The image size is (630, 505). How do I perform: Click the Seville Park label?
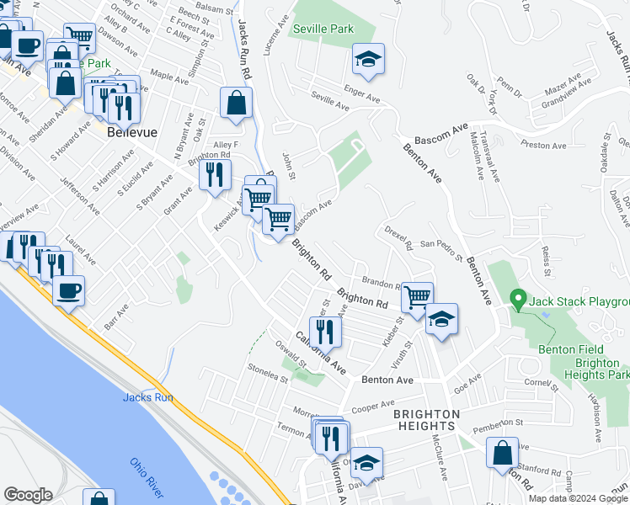coord(323,29)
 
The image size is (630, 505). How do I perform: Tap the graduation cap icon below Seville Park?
coord(368,60)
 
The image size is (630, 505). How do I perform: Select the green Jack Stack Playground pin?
coord(520,300)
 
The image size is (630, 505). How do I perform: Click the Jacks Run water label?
coord(147,397)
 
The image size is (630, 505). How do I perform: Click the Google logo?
coord(29,495)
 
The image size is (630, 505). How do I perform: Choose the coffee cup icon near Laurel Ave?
coord(68,290)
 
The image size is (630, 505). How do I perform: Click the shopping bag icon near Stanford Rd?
coord(503,452)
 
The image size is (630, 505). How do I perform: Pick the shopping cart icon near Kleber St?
coord(417,296)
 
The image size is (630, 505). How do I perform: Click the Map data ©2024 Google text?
coord(578,498)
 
